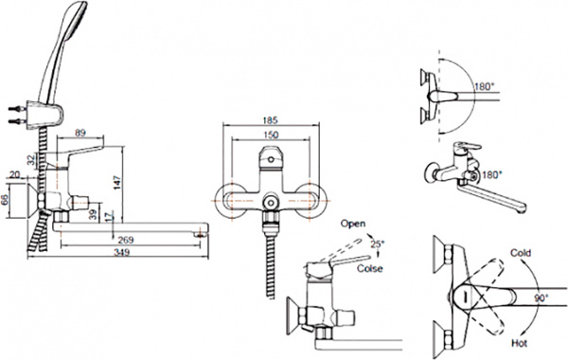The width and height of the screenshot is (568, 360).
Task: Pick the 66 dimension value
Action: point(7,200)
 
